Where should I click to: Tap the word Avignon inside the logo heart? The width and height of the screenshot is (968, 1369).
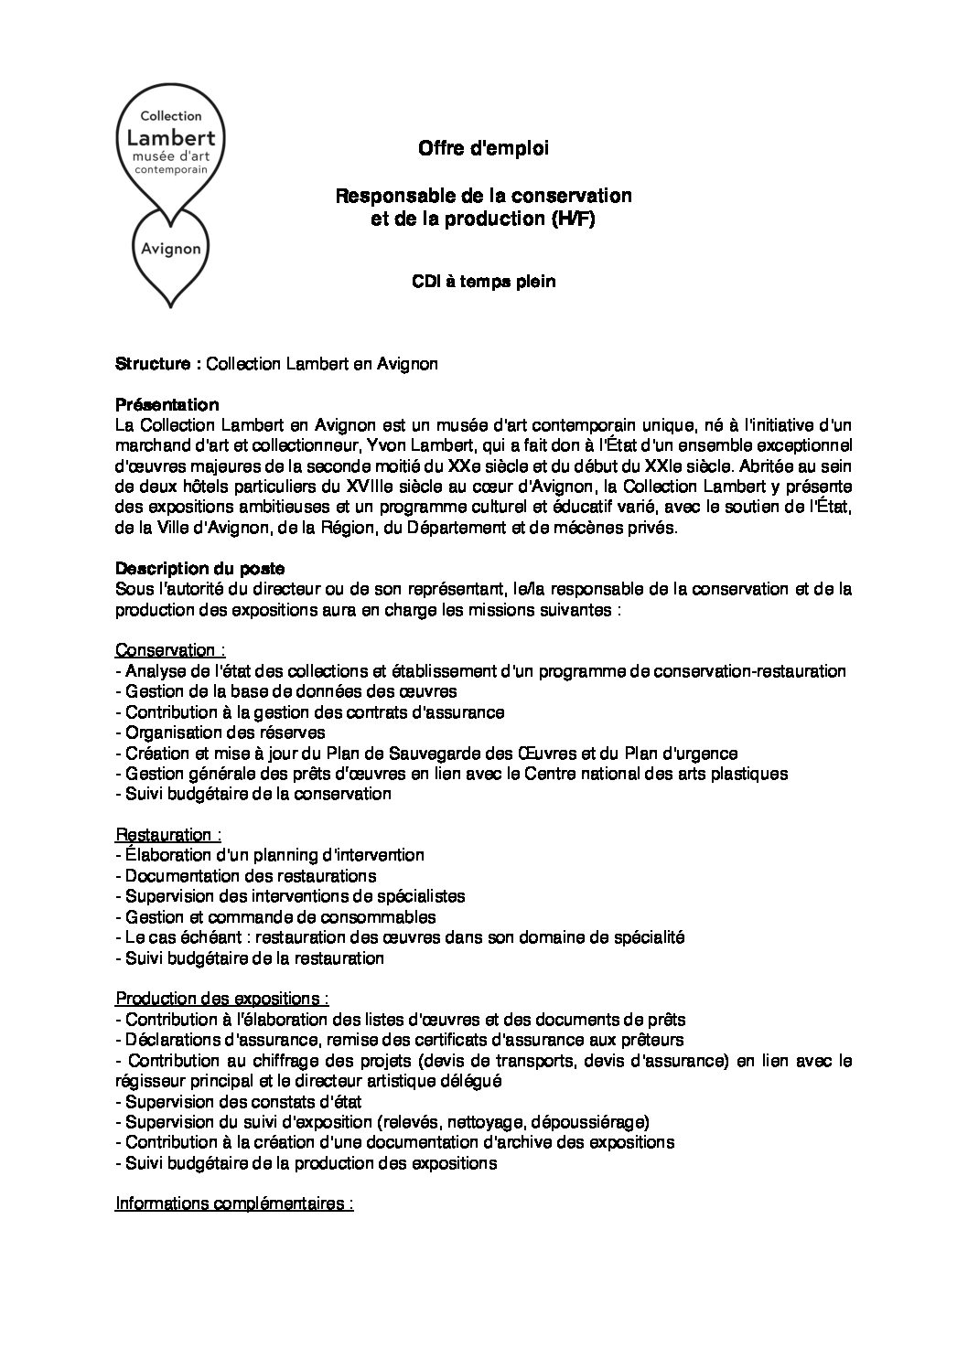click(x=172, y=249)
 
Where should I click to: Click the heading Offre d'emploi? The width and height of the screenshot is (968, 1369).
click(x=483, y=148)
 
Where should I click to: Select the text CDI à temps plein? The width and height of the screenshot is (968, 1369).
click(x=483, y=282)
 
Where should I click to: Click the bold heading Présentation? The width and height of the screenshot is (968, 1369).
click(x=167, y=404)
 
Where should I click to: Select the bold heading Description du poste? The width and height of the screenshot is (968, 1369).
click(x=200, y=568)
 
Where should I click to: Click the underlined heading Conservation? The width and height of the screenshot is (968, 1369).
click(x=170, y=650)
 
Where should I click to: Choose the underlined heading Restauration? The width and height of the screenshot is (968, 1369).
click(x=168, y=835)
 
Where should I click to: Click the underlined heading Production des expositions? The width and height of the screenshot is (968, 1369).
click(x=222, y=998)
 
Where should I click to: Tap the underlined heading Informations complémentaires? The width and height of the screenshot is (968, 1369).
click(x=234, y=1203)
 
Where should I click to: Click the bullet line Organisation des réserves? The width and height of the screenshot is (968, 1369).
click(x=220, y=733)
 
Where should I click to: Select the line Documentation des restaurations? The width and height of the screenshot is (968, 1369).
click(x=246, y=876)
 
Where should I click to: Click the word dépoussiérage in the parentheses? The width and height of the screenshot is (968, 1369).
click(x=593, y=1122)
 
